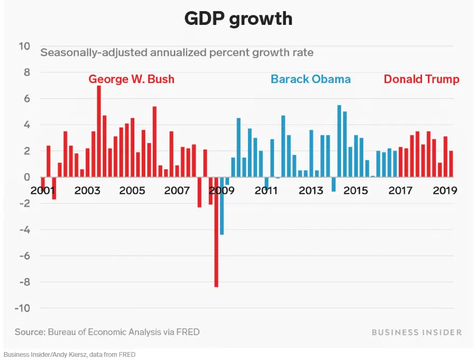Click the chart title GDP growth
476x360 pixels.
(238, 19)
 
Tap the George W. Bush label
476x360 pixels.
(131, 79)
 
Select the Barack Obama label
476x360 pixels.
(310, 79)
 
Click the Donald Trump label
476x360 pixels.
(421, 79)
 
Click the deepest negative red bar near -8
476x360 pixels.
(216, 232)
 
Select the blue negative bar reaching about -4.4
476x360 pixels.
(222, 206)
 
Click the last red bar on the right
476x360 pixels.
(451, 164)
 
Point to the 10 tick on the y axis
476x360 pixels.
(24, 46)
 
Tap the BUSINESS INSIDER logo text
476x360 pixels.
(416, 332)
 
